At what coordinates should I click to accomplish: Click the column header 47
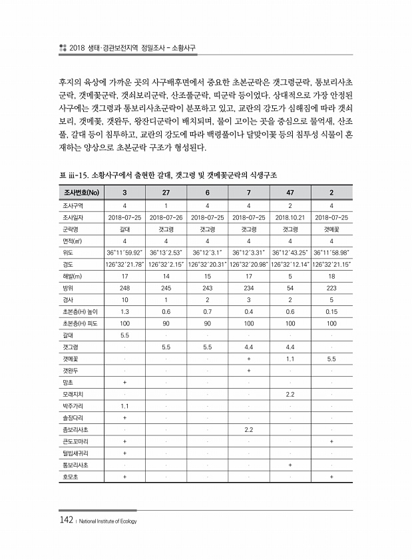[x=290, y=193]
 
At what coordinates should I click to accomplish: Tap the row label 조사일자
[x=72, y=217]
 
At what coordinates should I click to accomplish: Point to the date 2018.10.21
[x=290, y=217]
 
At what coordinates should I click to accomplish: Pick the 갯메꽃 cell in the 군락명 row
[x=331, y=229]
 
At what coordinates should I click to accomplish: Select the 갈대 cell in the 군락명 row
[x=124, y=229]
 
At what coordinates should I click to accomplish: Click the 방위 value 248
[x=124, y=288]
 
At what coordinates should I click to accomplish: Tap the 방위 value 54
[x=290, y=288]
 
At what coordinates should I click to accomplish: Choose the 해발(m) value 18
[x=331, y=276]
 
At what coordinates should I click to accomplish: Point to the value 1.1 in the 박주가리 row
[x=124, y=406]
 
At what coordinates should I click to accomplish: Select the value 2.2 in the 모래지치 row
[x=290, y=394]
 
